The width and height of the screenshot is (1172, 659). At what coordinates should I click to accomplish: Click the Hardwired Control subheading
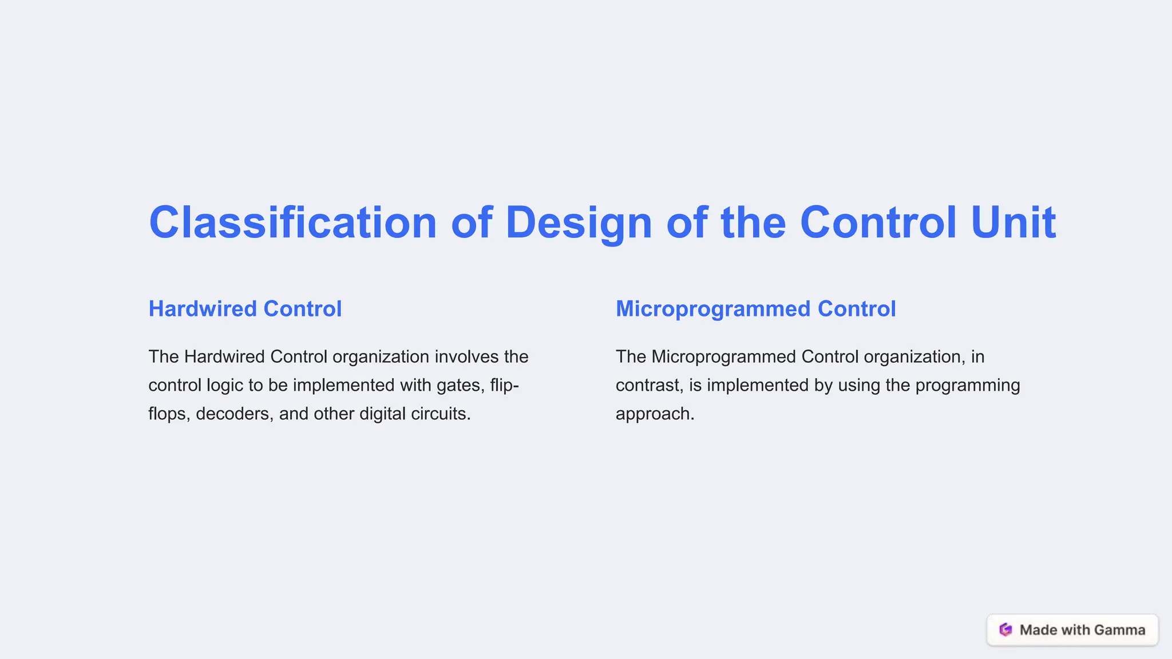(245, 309)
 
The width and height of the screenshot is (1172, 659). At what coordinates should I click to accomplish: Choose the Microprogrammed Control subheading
(755, 309)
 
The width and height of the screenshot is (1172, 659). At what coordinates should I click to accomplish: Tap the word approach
(655, 414)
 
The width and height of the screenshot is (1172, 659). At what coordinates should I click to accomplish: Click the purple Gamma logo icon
(1005, 630)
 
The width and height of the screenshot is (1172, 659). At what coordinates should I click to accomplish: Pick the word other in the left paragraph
(334, 414)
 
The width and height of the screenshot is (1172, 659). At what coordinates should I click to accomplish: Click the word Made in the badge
(1038, 630)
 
